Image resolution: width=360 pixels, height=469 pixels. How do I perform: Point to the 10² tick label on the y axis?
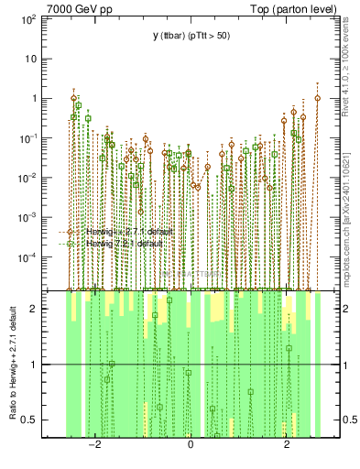(x=27, y=18)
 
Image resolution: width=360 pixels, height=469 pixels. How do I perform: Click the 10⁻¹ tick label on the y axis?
(x=27, y=138)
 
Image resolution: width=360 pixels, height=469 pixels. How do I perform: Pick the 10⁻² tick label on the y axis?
(x=27, y=178)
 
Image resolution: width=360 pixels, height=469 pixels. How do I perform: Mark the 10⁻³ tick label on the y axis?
(x=27, y=218)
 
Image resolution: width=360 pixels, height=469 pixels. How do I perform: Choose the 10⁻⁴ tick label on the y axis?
(x=27, y=257)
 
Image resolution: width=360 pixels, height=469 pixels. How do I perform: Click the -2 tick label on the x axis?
(x=93, y=444)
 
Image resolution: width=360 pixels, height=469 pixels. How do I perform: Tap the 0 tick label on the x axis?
(x=190, y=444)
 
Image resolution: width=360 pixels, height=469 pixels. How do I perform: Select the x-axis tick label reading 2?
(x=288, y=444)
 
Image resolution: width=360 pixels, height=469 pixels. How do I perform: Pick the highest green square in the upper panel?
(x=79, y=106)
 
